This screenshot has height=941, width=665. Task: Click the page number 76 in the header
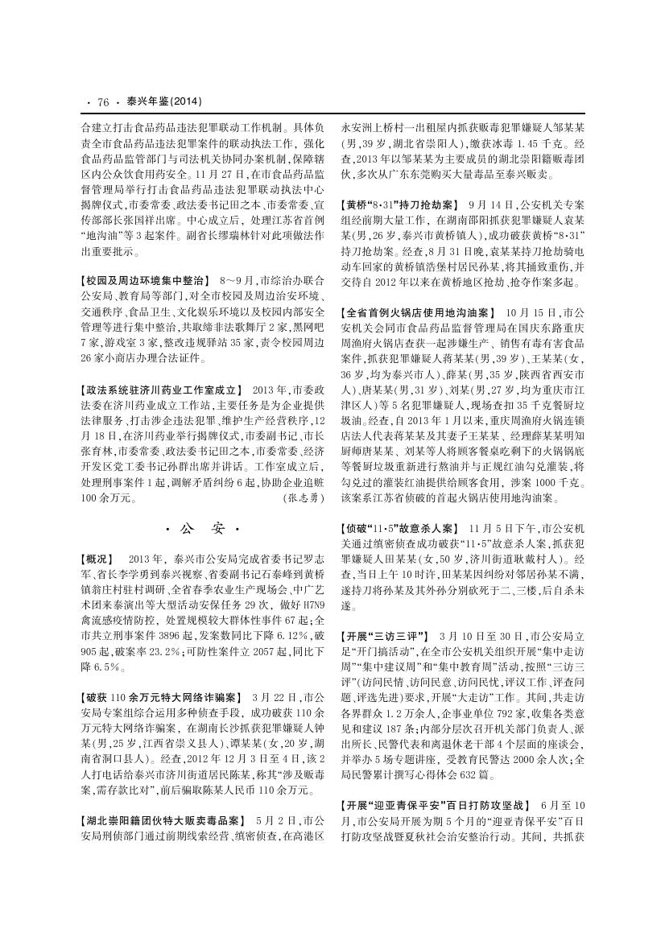[x=102, y=101]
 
